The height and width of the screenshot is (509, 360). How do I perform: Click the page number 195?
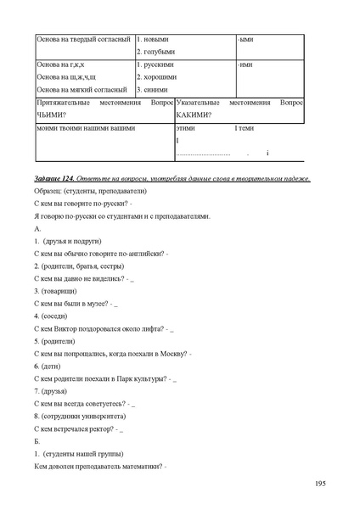point(320,484)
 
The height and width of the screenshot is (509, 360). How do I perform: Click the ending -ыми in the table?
point(246,39)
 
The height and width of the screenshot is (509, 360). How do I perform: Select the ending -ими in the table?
point(246,64)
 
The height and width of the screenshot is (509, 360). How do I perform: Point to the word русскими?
point(158,64)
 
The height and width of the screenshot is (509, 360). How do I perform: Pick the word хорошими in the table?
point(159,77)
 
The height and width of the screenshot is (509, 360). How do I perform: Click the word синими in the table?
point(156,89)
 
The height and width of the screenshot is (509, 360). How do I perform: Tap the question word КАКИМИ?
point(194,115)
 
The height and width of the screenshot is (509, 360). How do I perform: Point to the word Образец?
point(48,193)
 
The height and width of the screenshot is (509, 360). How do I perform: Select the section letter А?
point(36,229)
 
